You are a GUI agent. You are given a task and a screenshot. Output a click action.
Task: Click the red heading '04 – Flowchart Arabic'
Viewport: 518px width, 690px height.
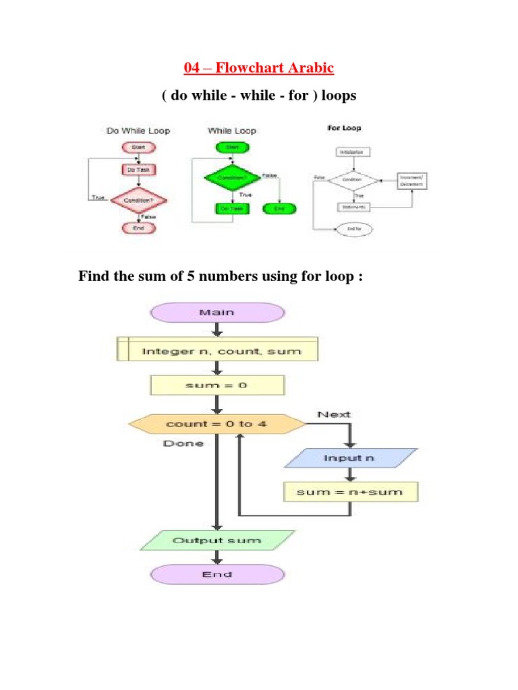pyautogui.click(x=259, y=69)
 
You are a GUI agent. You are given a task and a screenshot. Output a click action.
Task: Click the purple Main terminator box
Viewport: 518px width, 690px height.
pyautogui.click(x=217, y=313)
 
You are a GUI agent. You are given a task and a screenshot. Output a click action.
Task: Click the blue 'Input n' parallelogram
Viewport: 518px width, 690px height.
pyautogui.click(x=350, y=458)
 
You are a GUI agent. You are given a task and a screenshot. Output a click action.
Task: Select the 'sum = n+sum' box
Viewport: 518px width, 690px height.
pyautogui.click(x=350, y=492)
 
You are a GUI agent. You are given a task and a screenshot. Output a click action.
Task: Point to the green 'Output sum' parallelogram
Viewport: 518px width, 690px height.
pyautogui.click(x=217, y=540)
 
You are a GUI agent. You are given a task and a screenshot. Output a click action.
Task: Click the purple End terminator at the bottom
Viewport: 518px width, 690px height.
pyautogui.click(x=217, y=574)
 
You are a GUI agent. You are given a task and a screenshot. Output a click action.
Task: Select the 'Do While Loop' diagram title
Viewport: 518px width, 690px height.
pyautogui.click(x=138, y=131)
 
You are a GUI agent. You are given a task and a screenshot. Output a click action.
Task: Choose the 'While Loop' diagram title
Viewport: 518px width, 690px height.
pyautogui.click(x=231, y=131)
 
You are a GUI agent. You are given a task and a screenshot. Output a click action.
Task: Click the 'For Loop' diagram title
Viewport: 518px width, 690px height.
pyautogui.click(x=343, y=128)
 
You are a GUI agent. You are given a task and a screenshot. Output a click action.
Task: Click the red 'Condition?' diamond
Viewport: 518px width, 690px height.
pyautogui.click(x=138, y=201)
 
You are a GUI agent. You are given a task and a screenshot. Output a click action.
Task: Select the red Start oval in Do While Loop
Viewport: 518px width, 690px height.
pyautogui.click(x=138, y=148)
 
